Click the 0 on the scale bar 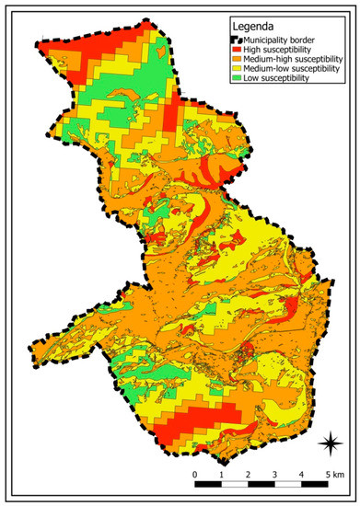click(x=195, y=475)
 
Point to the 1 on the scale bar click(x=222, y=475)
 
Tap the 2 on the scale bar click(x=249, y=475)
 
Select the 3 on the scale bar click(x=275, y=475)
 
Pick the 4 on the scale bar click(x=302, y=475)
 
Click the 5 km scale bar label click(x=333, y=475)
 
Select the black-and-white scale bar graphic click(x=261, y=488)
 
